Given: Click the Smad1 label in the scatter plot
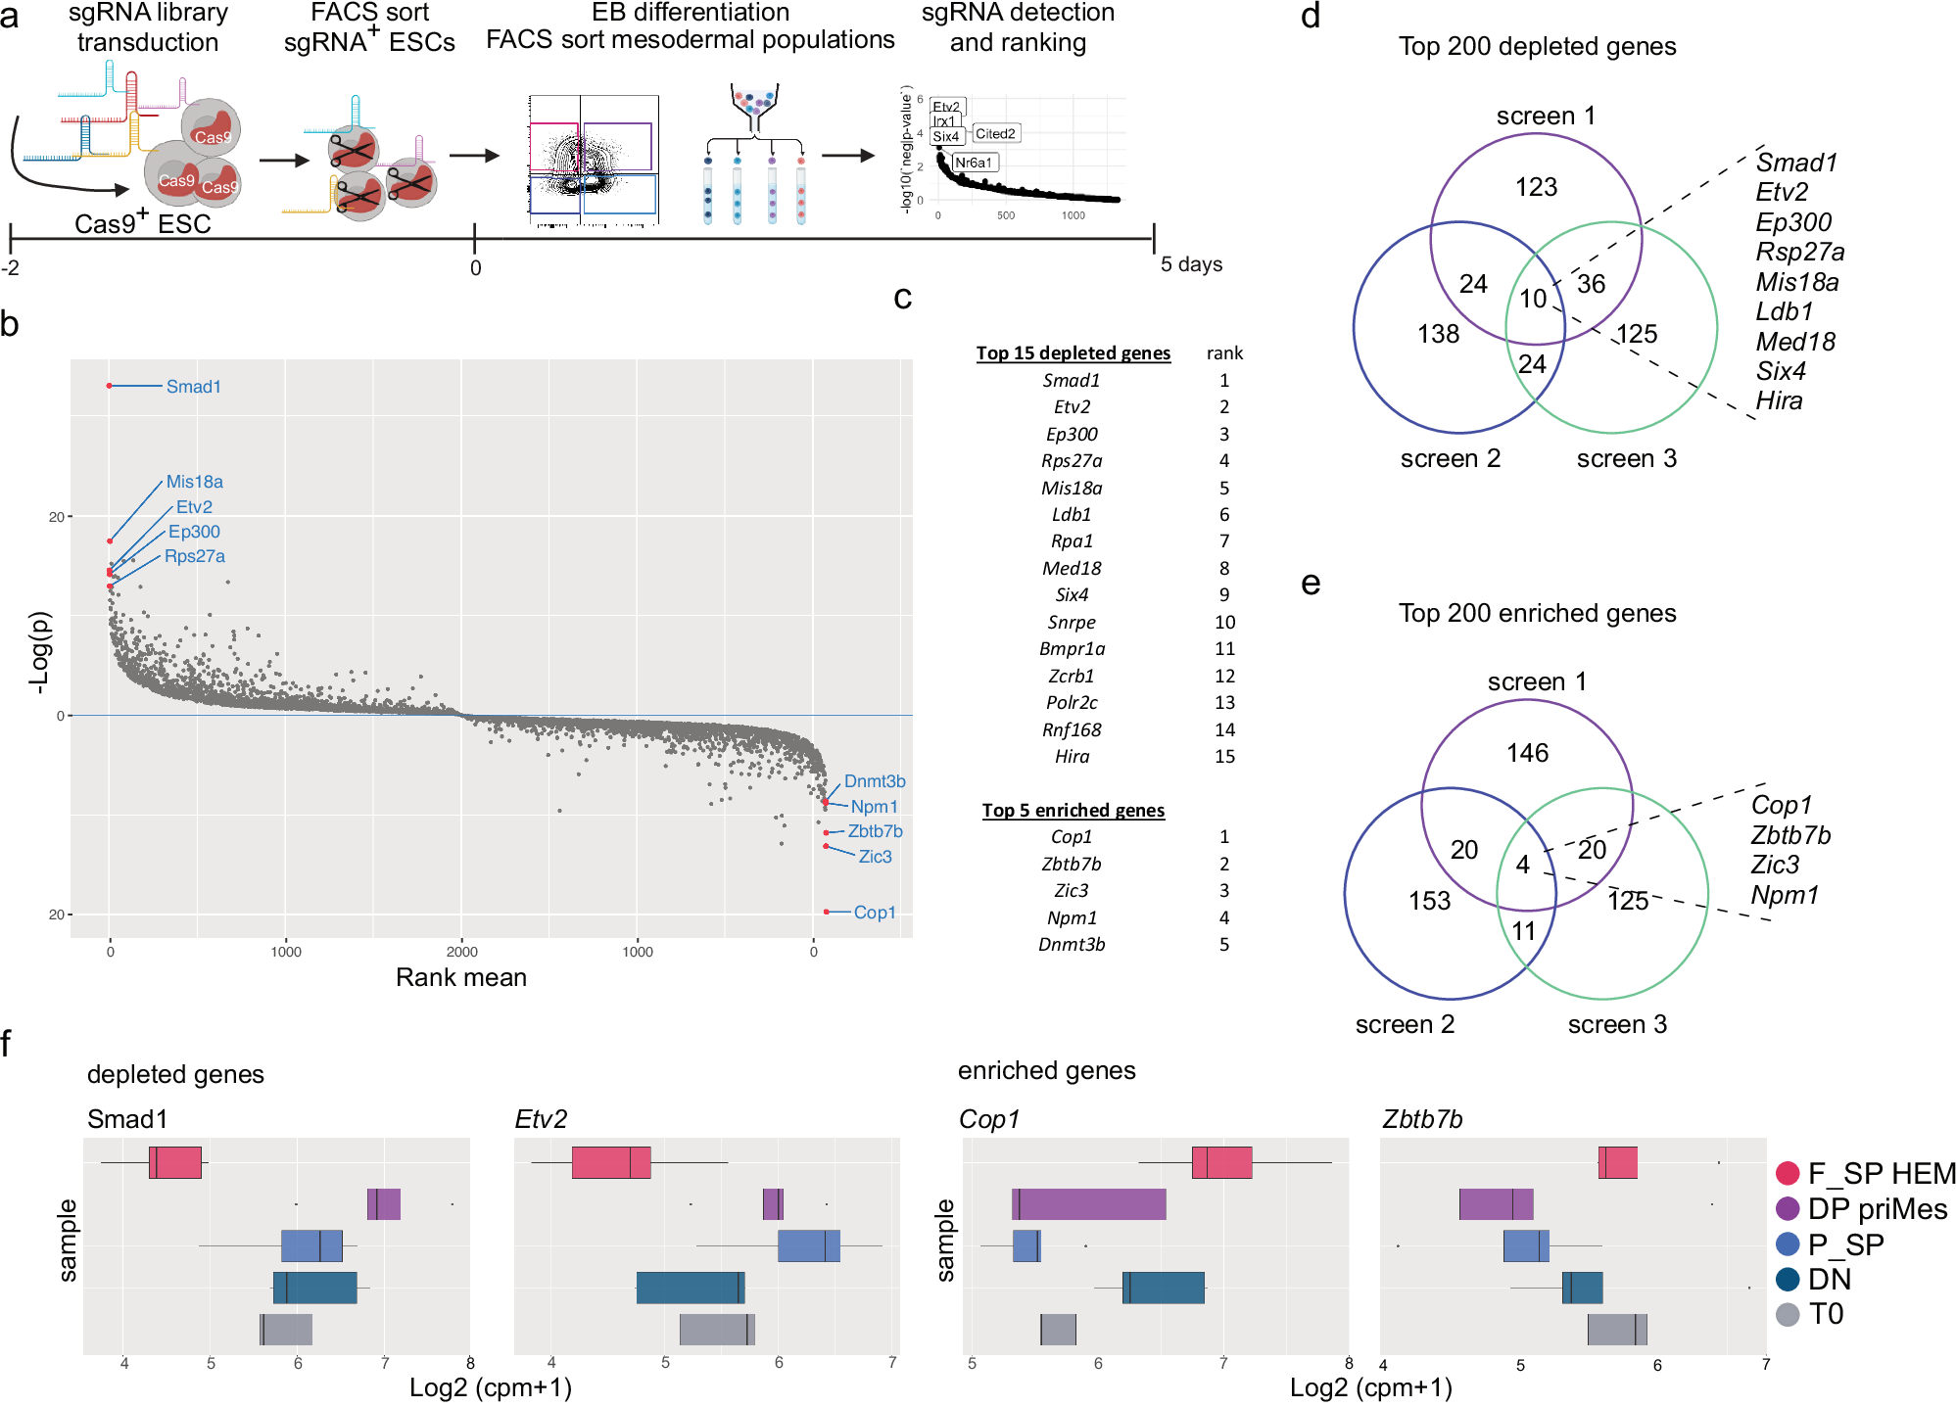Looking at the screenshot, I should (193, 387).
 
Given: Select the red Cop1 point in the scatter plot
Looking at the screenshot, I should (827, 912).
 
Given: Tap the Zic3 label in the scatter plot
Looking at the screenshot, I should (875, 857).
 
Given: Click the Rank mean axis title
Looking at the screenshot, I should (460, 977).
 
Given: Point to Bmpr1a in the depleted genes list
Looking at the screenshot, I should (1072, 649).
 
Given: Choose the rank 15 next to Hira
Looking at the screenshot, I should (1224, 757).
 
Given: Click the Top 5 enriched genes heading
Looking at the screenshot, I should (1073, 811).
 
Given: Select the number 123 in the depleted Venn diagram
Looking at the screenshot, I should (1536, 187).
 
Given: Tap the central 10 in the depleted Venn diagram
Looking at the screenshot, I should (1533, 298).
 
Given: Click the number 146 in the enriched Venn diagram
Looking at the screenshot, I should (1527, 753).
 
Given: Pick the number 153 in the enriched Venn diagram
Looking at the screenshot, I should (1429, 901).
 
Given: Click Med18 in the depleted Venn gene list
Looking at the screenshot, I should (1795, 342).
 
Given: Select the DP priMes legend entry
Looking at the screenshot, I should (1876, 1209).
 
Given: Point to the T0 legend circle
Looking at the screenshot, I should (1788, 1315).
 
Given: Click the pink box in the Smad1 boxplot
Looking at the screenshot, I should (175, 1163).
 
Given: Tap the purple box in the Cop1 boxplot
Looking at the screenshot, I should (1088, 1204).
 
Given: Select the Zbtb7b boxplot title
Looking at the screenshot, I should (1421, 1119).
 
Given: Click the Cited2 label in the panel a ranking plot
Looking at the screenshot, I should (994, 134).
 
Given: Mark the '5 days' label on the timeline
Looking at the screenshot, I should (1191, 264).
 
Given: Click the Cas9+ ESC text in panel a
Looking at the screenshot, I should (143, 224).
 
